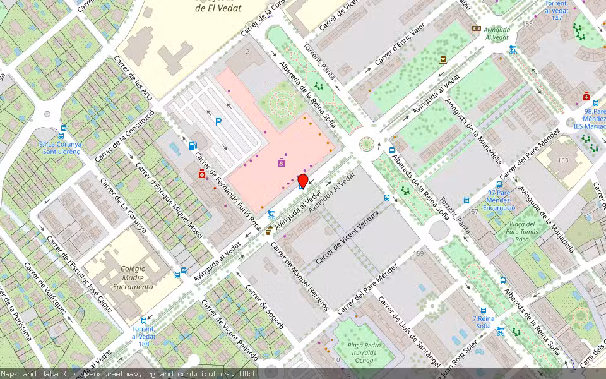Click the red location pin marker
pyautogui.click(x=302, y=181)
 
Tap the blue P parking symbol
pyautogui.click(x=218, y=122)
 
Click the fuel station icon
pyautogui.click(x=193, y=146)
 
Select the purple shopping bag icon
pyautogui.click(x=281, y=163)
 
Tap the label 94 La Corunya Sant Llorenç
pyautogui.click(x=60, y=148)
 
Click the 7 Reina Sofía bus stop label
pyautogui.click(x=483, y=322)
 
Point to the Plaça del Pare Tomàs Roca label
pyautogui.click(x=521, y=231)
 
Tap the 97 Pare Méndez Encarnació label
pyautogui.click(x=499, y=200)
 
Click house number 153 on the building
pyautogui.click(x=563, y=160)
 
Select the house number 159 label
pyautogui.click(x=418, y=254)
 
